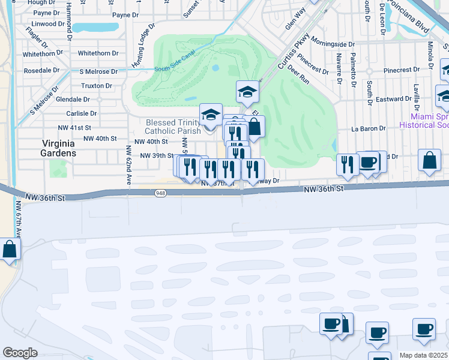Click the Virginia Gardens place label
[x=59, y=148]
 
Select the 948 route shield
[x=160, y=193]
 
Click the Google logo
[x=20, y=353]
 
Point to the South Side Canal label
[x=175, y=68]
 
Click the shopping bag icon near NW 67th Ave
[x=10, y=249]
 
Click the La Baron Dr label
[x=366, y=128]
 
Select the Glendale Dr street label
[x=73, y=100]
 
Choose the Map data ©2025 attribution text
[x=424, y=355]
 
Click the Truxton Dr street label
[x=96, y=86]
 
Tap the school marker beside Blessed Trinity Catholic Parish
[x=211, y=115]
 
